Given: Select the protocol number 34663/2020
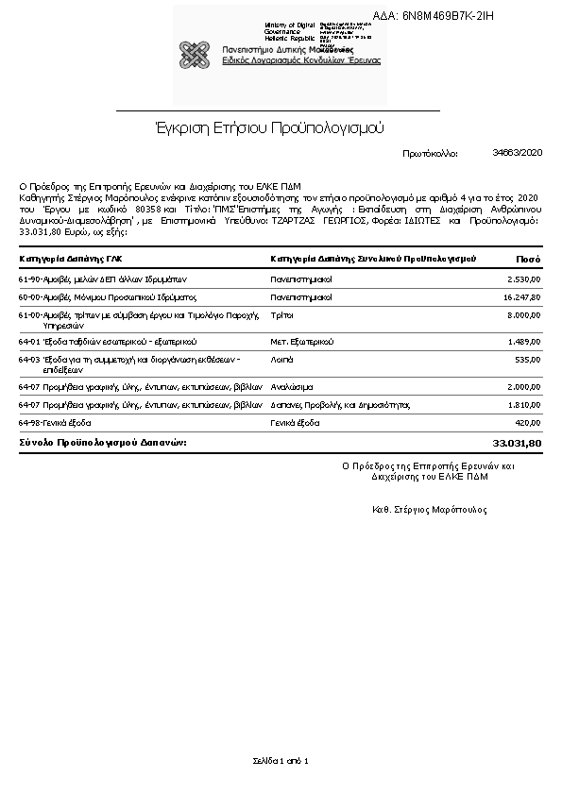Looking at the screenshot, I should pyautogui.click(x=518, y=152).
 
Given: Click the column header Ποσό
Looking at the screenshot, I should pyautogui.click(x=528, y=258).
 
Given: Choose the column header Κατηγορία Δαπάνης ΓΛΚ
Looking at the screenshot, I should pyautogui.click(x=70, y=258).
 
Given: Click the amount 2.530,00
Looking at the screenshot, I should pyautogui.click(x=523, y=279).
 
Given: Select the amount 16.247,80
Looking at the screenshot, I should pyautogui.click(x=520, y=296).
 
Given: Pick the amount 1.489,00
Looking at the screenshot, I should pyautogui.click(x=523, y=341).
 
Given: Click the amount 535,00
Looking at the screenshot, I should pyautogui.click(x=527, y=360).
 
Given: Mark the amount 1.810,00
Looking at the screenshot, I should pyautogui.click(x=523, y=404).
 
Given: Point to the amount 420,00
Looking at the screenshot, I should pyautogui.click(x=527, y=423).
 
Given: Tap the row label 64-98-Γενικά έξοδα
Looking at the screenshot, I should pyautogui.click(x=55, y=423).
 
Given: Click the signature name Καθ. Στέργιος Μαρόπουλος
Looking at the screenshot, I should pyautogui.click(x=430, y=510).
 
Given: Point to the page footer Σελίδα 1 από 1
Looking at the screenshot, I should pyautogui.click(x=281, y=760).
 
